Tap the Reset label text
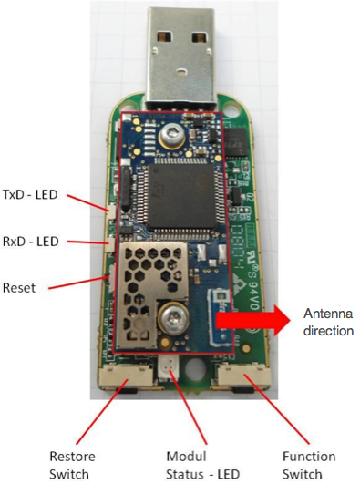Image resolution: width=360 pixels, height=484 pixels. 20,287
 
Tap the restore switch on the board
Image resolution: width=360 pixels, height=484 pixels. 117,376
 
